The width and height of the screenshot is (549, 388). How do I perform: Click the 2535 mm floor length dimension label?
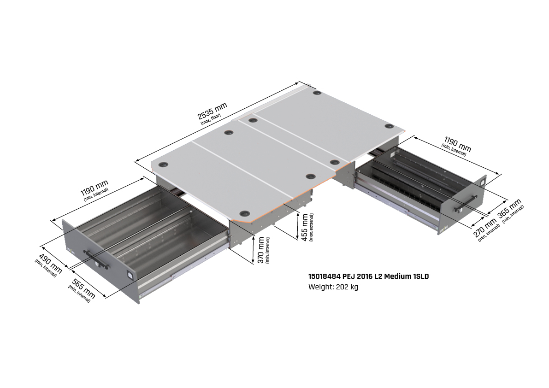[x=213, y=111]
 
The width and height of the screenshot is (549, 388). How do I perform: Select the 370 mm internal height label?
[x=261, y=250]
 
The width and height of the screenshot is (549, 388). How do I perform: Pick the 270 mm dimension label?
[x=485, y=228]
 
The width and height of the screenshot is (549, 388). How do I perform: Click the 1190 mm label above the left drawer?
[x=94, y=188]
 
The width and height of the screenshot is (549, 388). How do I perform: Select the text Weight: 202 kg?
[x=333, y=287]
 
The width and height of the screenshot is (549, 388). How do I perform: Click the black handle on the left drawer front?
[x=96, y=259]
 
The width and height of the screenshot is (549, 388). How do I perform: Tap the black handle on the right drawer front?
[x=465, y=204]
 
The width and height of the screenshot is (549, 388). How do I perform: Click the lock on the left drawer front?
[x=130, y=275]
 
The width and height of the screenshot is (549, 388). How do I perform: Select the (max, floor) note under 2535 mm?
[x=211, y=118]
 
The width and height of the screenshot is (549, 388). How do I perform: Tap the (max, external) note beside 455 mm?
[x=311, y=227]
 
